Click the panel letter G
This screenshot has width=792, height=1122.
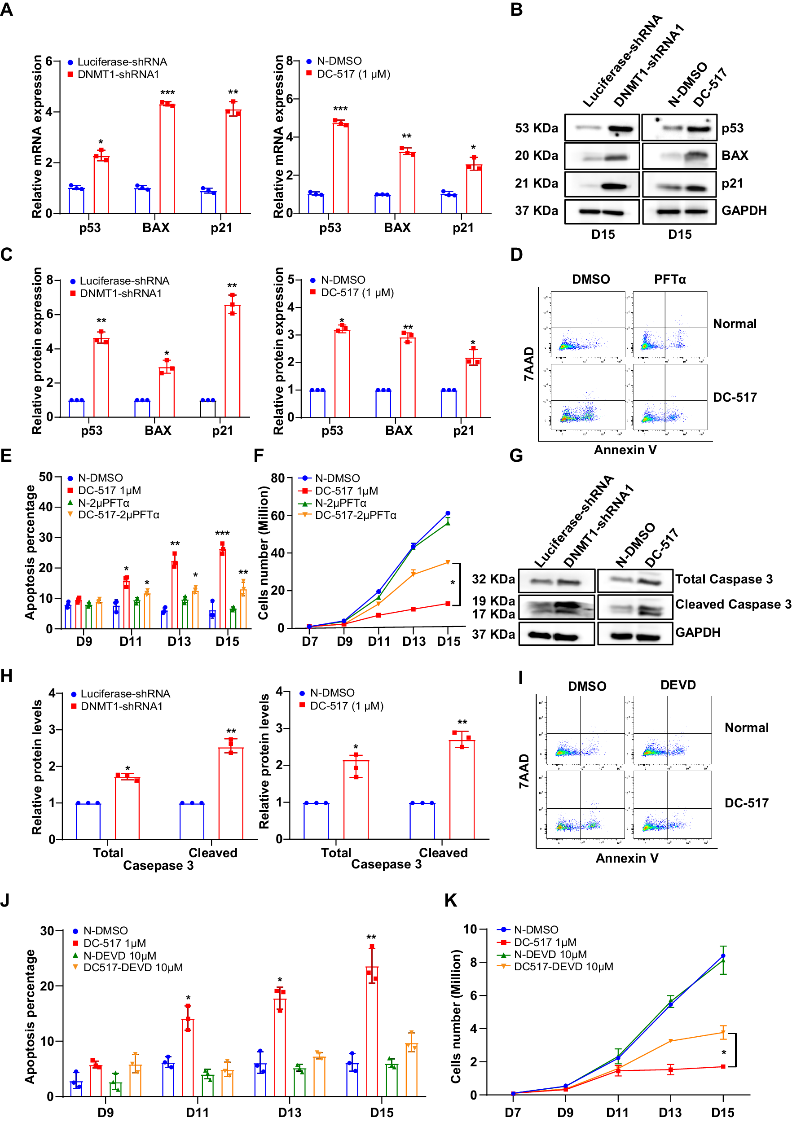(516, 456)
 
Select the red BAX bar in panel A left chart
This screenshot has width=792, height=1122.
(167, 159)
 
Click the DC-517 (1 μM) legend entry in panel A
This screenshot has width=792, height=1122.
(353, 75)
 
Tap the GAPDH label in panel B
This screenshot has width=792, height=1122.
(744, 210)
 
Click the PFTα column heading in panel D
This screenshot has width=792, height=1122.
(670, 280)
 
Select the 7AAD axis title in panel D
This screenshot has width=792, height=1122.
(529, 364)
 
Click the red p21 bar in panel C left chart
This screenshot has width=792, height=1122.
(232, 361)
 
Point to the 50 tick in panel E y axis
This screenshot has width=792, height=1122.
(46, 477)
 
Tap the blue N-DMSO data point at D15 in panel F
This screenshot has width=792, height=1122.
(448, 513)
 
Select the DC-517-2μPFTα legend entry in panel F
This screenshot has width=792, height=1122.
(356, 515)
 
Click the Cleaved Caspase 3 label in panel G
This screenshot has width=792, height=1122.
(732, 605)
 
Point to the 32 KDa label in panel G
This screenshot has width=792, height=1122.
(493, 579)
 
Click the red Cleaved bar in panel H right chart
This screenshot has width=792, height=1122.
(462, 790)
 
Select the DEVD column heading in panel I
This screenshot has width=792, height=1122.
(678, 685)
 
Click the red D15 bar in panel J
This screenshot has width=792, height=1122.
(372, 1031)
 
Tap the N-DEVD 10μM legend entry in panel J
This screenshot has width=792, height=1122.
(120, 955)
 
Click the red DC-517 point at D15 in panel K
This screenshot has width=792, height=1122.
(722, 1066)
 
